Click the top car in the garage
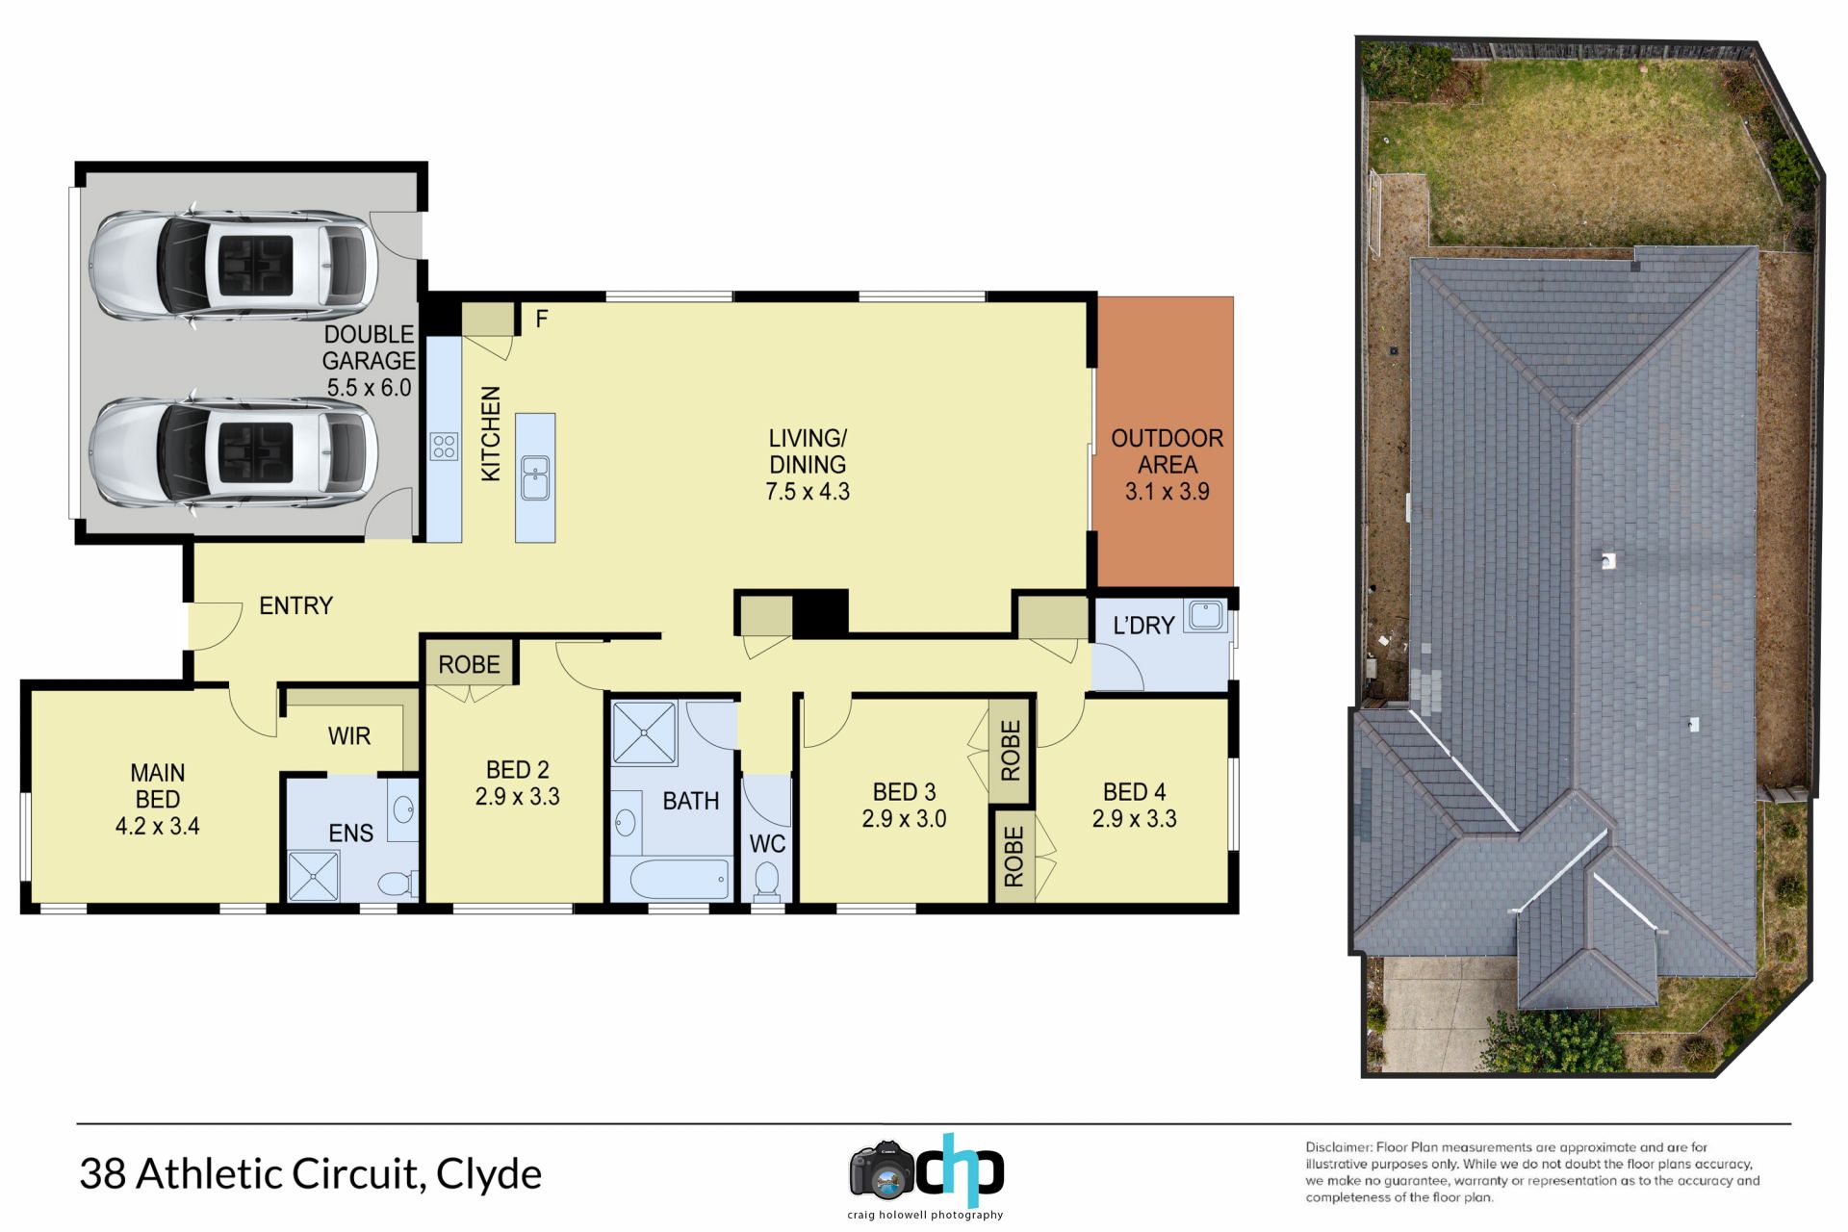click(234, 265)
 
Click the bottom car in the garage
click(234, 451)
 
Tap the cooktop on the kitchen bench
click(444, 446)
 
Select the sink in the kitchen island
click(535, 478)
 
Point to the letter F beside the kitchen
click(542, 319)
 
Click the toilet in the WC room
click(766, 881)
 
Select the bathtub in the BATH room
click(680, 880)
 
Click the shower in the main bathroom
click(644, 733)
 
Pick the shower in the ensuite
click(314, 876)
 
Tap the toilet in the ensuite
click(397, 884)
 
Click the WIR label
click(349, 736)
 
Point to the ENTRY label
click(296, 605)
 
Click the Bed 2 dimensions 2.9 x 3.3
click(517, 797)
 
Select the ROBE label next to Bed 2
click(470, 665)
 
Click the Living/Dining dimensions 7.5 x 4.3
click(808, 492)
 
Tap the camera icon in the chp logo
click(881, 1170)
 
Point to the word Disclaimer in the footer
click(1338, 1147)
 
